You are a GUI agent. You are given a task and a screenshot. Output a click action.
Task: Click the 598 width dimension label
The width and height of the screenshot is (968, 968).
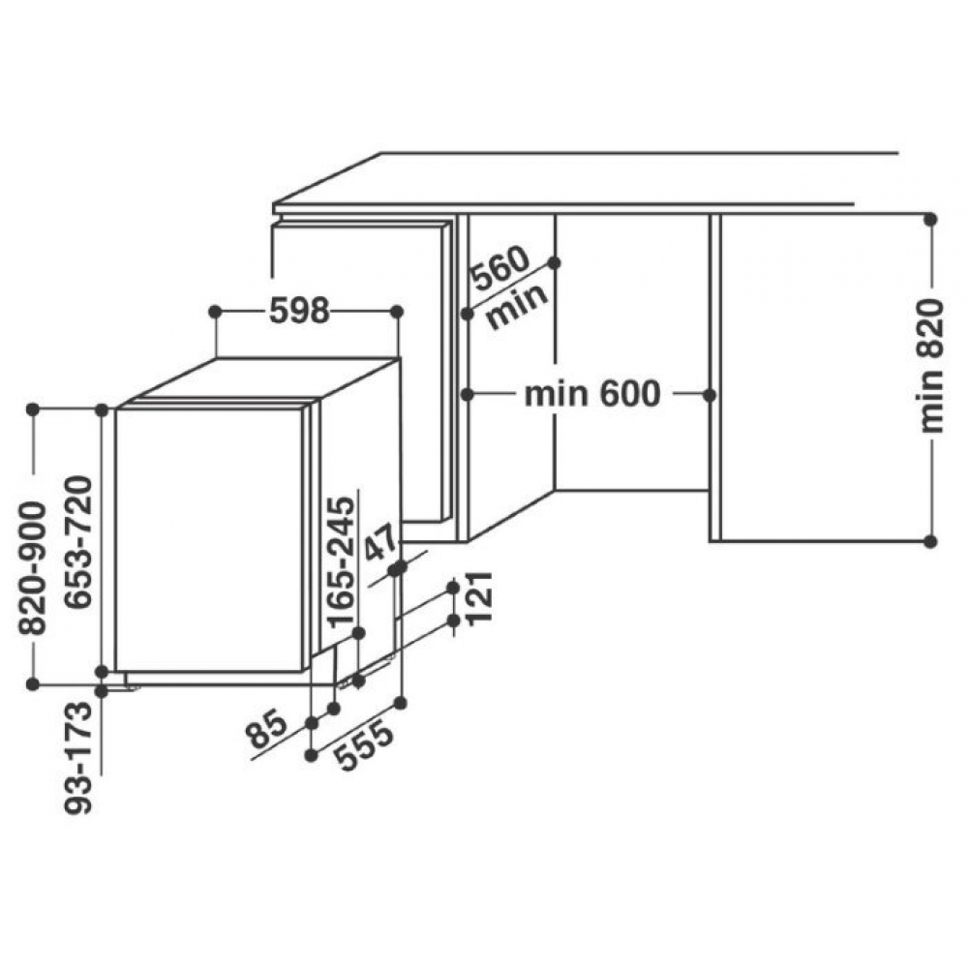(299, 311)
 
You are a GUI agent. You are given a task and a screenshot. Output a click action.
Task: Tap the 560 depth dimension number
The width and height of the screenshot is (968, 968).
(499, 269)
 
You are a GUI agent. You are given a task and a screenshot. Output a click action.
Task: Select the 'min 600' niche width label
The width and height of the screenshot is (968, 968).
(592, 394)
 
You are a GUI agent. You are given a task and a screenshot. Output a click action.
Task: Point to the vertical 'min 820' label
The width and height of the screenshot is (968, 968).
(931, 366)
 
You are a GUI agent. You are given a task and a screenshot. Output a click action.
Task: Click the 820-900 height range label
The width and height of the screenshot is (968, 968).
(33, 568)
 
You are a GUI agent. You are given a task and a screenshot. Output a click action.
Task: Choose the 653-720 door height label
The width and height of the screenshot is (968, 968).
(78, 542)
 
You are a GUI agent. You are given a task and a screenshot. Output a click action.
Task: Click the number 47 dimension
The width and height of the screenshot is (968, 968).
(380, 542)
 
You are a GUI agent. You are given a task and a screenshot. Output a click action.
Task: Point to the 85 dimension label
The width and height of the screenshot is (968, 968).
(267, 729)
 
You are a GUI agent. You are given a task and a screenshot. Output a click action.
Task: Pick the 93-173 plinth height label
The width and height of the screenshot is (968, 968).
(78, 757)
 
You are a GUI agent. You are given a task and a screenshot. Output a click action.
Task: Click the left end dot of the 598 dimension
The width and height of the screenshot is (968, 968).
(215, 312)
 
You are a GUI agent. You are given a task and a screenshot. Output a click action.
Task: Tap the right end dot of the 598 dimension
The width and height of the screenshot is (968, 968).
(398, 312)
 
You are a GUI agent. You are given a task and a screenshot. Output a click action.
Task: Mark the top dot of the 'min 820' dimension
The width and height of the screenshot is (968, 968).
(931, 219)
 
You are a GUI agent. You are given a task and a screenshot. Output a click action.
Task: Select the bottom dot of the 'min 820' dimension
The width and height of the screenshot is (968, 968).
(931, 541)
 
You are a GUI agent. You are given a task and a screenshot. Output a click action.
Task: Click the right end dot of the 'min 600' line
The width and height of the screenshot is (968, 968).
(710, 395)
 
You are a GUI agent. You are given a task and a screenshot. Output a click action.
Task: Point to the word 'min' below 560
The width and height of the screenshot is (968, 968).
(517, 306)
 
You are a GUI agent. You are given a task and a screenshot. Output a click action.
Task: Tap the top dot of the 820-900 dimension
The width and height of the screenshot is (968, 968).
(33, 408)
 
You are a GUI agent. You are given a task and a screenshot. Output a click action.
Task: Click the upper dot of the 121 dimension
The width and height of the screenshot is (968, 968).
(454, 587)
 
